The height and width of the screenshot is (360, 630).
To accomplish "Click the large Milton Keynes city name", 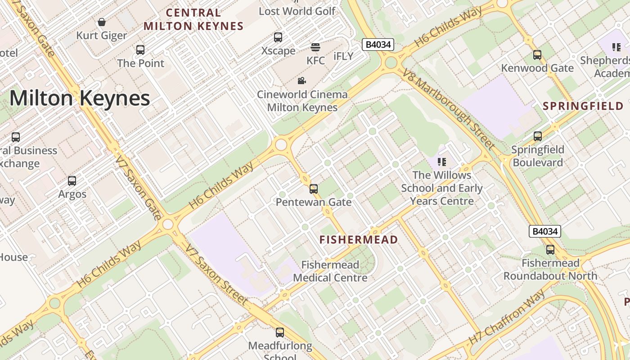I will point(80,98).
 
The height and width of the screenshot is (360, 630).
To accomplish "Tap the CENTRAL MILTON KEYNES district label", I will point(193,19).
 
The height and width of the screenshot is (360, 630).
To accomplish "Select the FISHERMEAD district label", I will point(359,239).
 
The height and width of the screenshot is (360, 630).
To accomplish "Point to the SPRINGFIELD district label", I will point(583,106).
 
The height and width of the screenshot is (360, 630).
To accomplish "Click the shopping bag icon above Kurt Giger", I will point(102,22).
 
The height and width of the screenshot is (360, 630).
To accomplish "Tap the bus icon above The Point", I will point(140,49).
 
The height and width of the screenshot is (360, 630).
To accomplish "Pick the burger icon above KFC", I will point(315,47).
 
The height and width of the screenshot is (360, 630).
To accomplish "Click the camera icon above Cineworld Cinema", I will point(302,81).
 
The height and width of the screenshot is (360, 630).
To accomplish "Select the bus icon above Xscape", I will point(278,37).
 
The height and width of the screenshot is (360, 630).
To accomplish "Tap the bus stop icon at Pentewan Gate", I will point(314,189).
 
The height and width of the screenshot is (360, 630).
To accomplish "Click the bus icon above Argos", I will point(72,181).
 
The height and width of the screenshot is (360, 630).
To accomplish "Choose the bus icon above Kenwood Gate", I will point(537,55).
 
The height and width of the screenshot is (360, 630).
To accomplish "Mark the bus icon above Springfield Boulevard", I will point(537,136).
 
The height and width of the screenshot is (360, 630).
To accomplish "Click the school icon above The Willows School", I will point(442,162).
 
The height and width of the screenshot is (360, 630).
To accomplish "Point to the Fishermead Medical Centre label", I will point(330,271).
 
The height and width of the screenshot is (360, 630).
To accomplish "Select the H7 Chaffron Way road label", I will point(507,318).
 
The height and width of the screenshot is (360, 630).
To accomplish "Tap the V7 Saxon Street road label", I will point(216,274).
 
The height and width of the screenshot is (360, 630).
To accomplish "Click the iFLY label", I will point(343,56).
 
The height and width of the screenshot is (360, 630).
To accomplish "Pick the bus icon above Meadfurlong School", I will point(280,333).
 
